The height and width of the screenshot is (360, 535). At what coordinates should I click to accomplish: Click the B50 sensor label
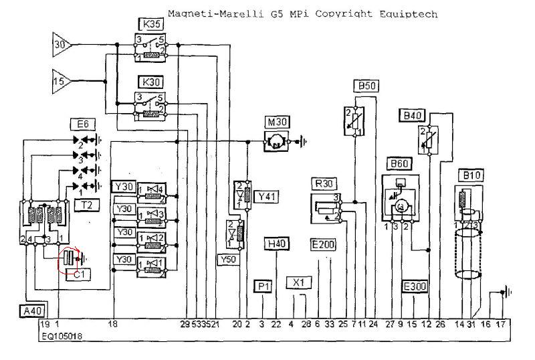click(366, 86)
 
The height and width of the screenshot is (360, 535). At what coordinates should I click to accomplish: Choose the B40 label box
click(411, 116)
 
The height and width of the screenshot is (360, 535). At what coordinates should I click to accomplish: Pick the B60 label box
click(400, 164)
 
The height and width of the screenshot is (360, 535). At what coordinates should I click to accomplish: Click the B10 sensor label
click(469, 175)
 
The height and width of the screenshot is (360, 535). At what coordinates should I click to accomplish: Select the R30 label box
click(325, 184)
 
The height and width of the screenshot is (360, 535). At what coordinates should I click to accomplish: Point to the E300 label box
click(415, 286)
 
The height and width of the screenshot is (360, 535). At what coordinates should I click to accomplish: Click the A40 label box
click(30, 311)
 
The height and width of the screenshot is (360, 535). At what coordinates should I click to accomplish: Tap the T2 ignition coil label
click(87, 206)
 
